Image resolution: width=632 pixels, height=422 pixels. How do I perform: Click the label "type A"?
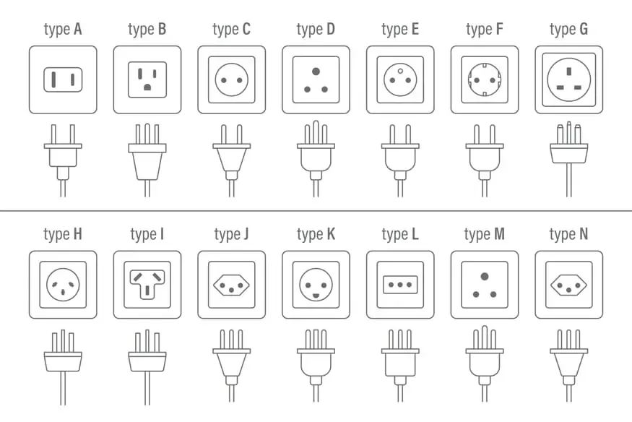click(63, 30)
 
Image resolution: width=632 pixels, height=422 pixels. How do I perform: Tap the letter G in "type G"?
click(583, 29)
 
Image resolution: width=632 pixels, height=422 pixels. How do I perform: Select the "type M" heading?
click(485, 234)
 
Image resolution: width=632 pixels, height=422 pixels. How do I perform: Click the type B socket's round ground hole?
click(147, 87)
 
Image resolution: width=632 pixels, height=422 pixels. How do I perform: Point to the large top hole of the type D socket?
click(316, 72)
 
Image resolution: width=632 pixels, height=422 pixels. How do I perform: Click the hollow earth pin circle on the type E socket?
click(400, 72)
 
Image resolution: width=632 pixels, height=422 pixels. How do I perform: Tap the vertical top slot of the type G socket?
click(569, 72)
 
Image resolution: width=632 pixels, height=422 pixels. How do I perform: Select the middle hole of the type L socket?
click(400, 285)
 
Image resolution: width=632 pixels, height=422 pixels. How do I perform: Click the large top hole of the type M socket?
click(485, 277)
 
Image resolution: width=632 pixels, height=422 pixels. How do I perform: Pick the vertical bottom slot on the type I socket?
click(147, 290)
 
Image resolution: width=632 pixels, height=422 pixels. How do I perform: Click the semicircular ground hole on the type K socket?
click(316, 296)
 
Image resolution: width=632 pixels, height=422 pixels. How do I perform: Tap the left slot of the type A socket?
click(53, 79)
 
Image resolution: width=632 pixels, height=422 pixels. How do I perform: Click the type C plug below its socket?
click(232, 160)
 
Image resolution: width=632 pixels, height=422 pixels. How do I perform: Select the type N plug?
click(569, 366)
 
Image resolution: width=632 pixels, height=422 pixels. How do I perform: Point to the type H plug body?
click(63, 361)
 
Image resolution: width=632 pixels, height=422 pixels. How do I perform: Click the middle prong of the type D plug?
click(316, 132)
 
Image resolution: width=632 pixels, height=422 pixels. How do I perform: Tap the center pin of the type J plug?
click(232, 340)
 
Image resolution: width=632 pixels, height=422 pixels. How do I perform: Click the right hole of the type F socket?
click(493, 80)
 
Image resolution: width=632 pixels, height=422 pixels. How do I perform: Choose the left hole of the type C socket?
click(224, 80)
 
